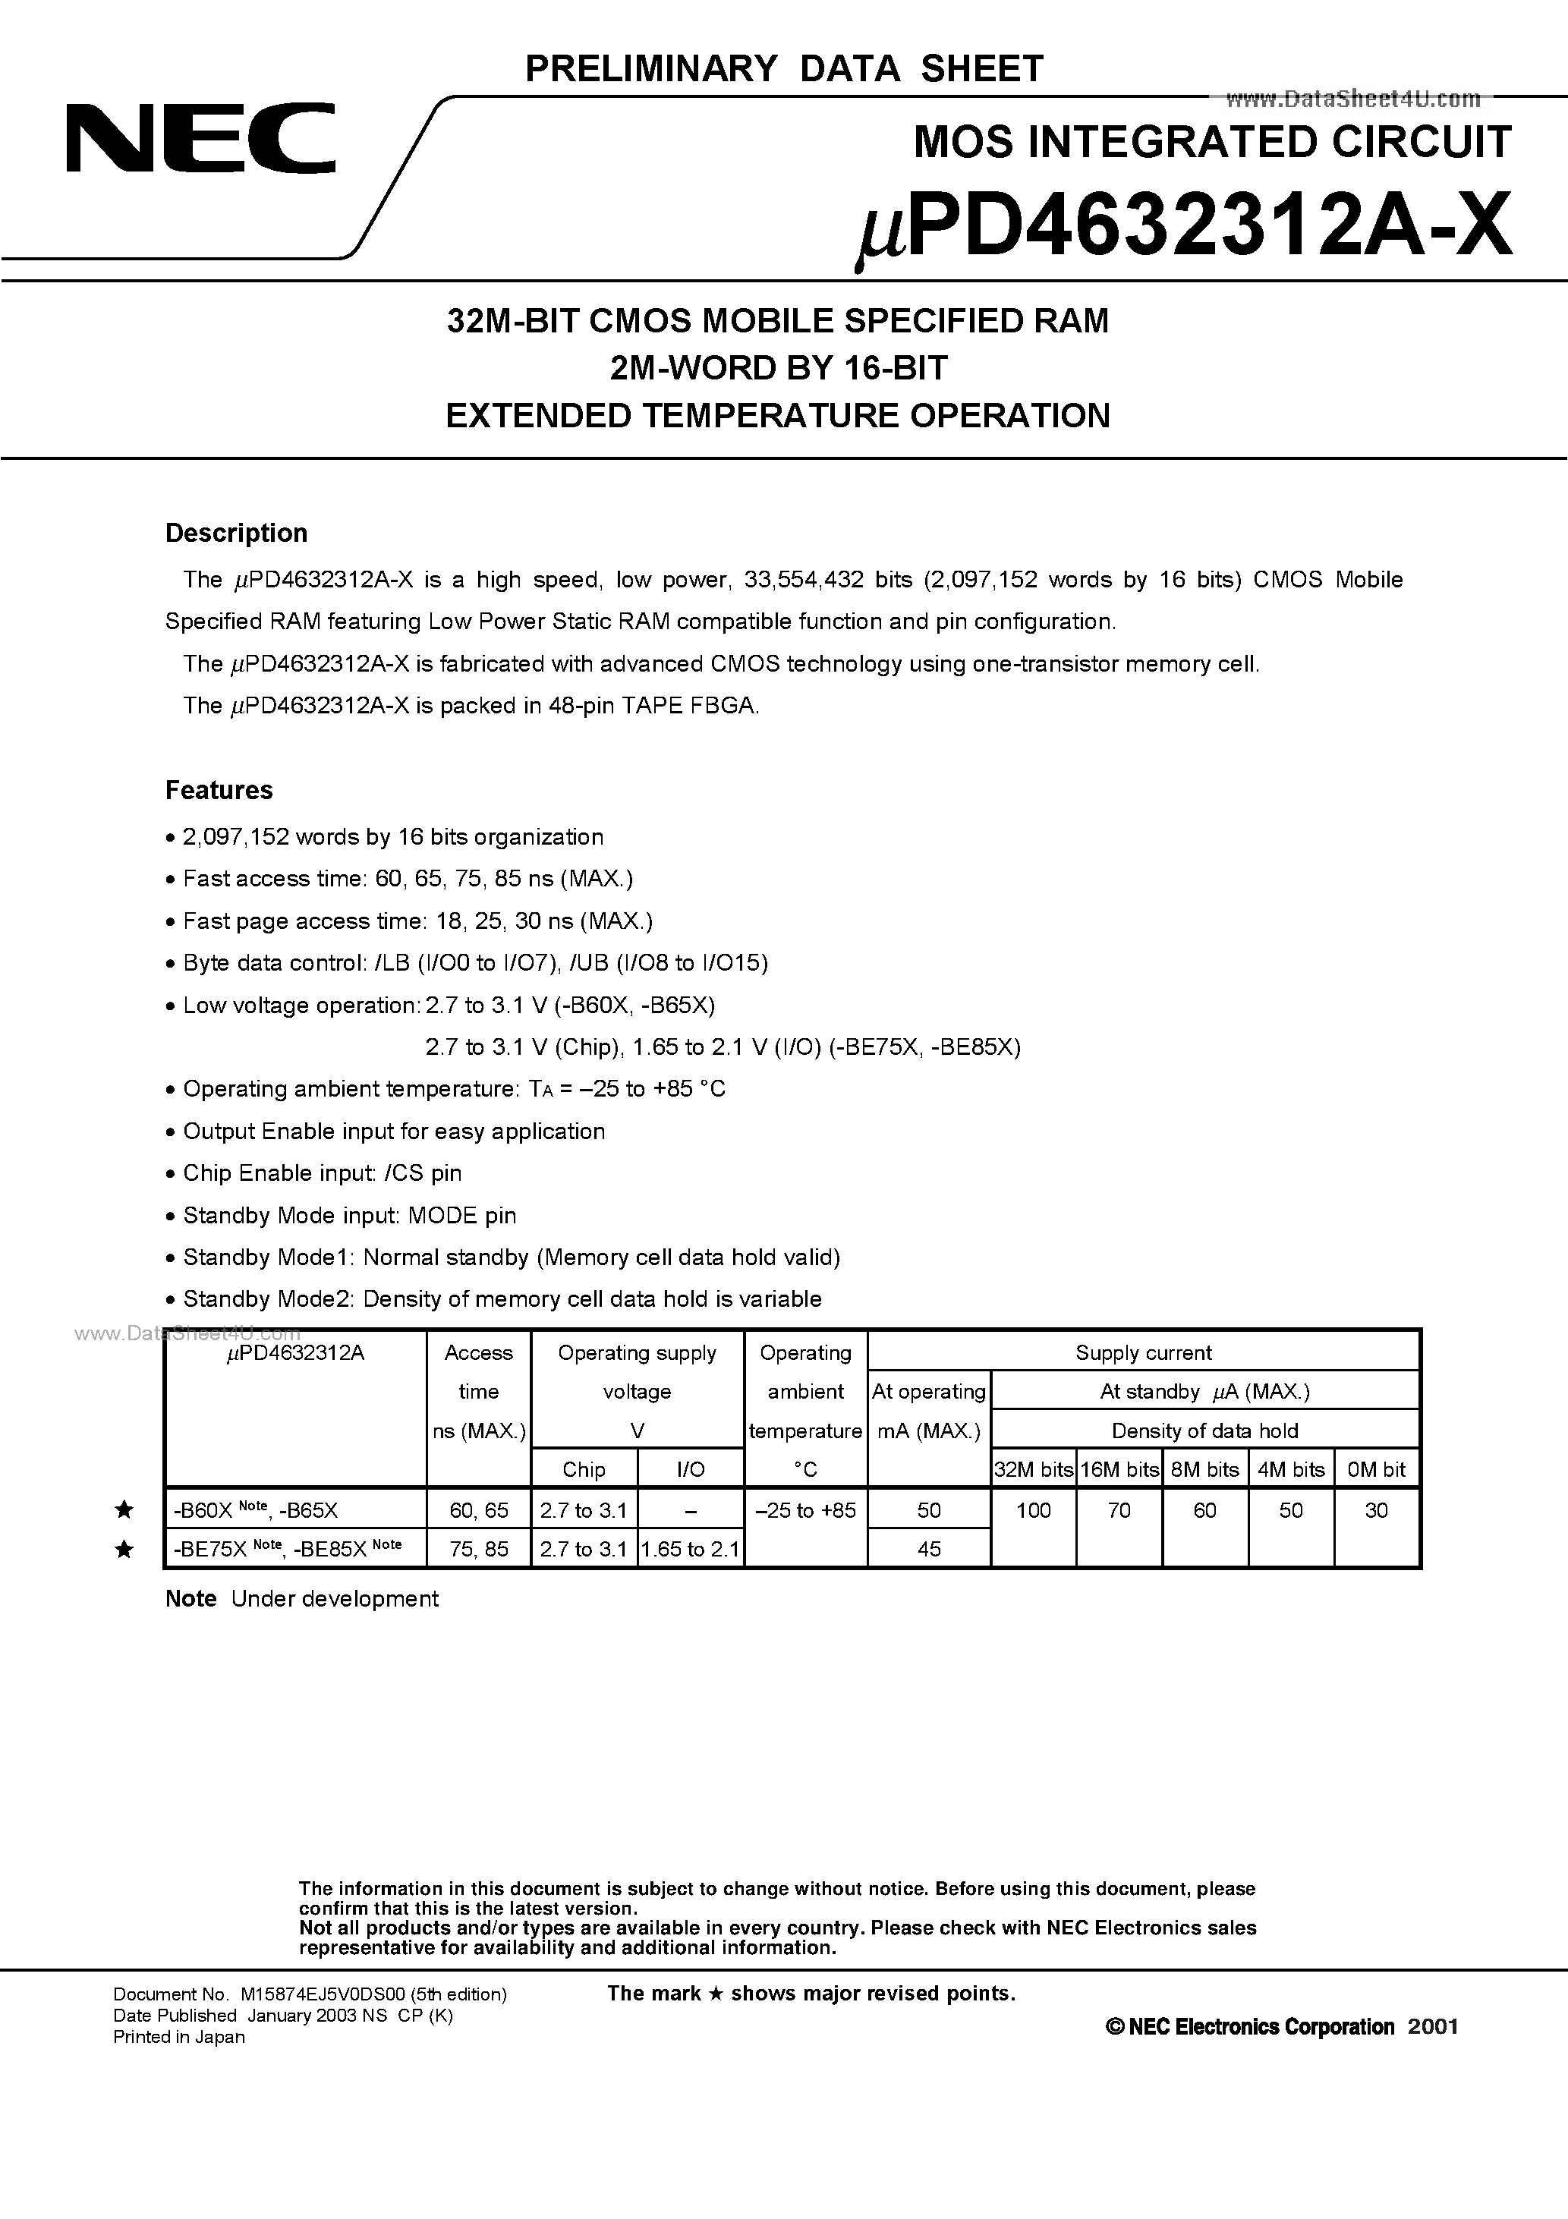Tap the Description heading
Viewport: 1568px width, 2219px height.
coord(236,533)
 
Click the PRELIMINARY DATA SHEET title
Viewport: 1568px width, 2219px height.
coord(783,68)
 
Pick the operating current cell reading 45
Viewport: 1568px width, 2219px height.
coord(928,1548)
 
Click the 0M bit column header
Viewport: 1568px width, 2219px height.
coord(1376,1469)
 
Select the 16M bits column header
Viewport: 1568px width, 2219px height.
coord(1119,1469)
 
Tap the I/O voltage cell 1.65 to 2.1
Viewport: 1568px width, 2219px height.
coord(690,1549)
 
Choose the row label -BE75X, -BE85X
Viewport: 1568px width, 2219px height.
coord(287,1548)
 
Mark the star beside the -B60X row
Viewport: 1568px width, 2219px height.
coord(124,1509)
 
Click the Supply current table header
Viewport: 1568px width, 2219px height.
coord(1143,1352)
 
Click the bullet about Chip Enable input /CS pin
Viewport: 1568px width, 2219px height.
coord(322,1172)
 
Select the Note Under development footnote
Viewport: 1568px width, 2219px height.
coord(301,1598)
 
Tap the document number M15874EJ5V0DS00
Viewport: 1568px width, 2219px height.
coord(310,1993)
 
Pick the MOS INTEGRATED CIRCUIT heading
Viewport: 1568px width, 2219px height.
coord(1211,142)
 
